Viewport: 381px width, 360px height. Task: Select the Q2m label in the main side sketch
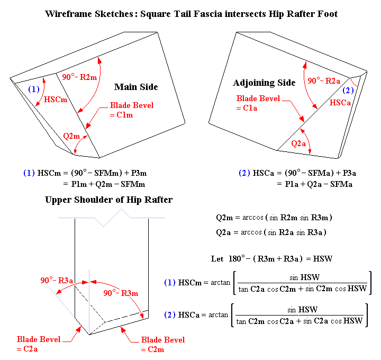71,136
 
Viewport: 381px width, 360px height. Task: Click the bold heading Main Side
136,87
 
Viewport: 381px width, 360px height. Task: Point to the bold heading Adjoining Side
264,83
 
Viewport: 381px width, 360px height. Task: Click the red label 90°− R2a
324,80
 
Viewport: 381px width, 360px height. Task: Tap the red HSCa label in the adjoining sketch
340,102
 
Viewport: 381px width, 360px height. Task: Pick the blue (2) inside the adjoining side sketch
349,91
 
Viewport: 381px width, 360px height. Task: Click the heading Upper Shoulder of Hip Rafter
108,200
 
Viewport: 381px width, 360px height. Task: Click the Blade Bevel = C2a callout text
39,344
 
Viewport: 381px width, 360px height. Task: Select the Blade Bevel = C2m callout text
163,344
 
